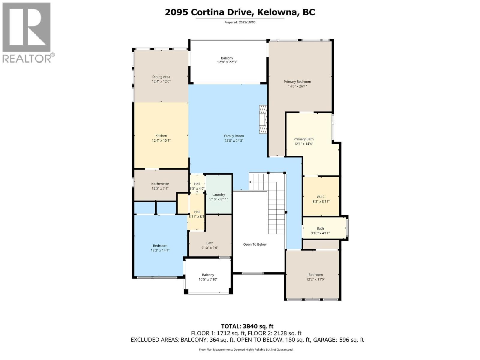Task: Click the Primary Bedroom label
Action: click(x=297, y=82)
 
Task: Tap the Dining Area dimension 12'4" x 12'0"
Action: click(x=161, y=81)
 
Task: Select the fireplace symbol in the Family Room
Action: click(x=263, y=119)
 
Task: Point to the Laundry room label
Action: click(x=218, y=194)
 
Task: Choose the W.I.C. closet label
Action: click(x=321, y=197)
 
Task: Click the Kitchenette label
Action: click(x=160, y=184)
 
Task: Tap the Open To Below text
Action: click(x=255, y=244)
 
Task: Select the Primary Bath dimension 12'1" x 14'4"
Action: click(x=304, y=144)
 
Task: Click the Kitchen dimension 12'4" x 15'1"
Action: click(x=161, y=140)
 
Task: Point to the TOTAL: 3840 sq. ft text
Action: click(x=247, y=326)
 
